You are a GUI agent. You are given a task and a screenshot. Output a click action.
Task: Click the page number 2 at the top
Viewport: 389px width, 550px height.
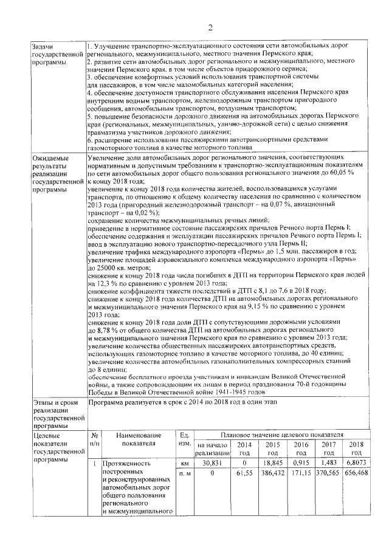click(209, 27)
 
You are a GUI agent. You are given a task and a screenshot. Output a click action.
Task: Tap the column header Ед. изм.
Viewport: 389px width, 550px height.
click(183, 439)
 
